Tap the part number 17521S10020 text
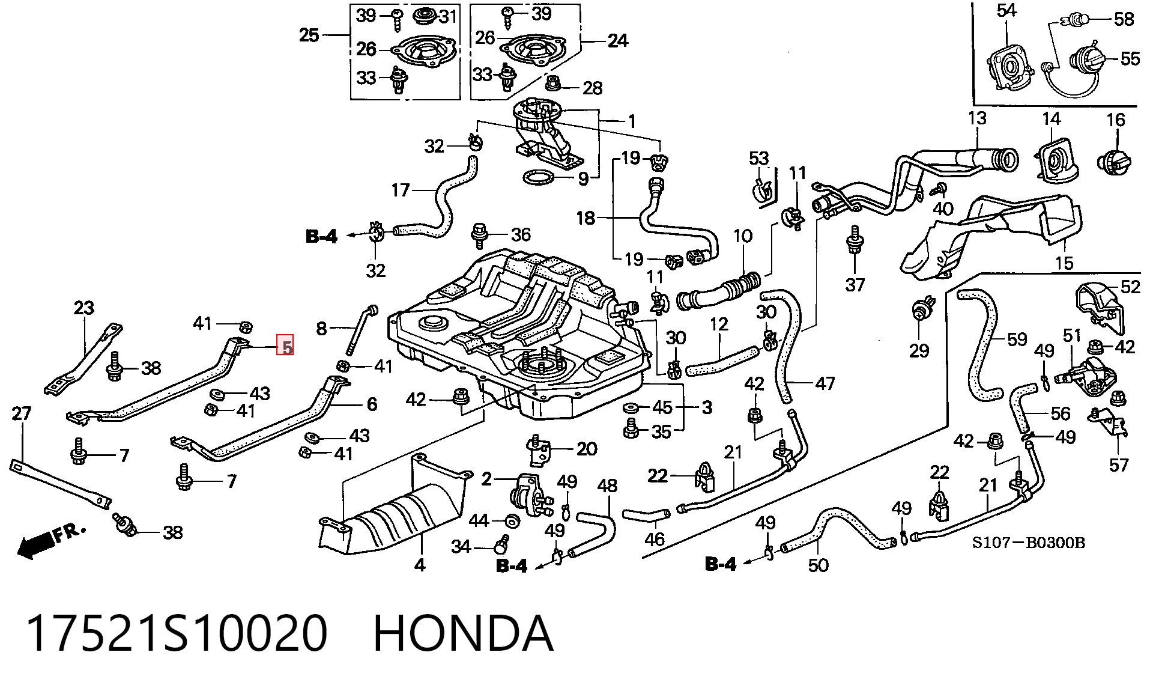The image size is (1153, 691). tap(177, 633)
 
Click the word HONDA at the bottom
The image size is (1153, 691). tap(462, 633)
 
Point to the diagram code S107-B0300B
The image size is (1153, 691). tap(1029, 543)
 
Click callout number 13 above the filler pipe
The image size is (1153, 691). tap(977, 118)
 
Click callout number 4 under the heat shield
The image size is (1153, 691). tap(420, 565)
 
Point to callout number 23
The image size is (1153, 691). tap(84, 308)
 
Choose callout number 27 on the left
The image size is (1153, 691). tap(22, 413)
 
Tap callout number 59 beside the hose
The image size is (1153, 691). tap(1017, 339)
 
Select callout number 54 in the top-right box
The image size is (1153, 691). tap(1006, 10)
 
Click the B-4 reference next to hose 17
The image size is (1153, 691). tap(321, 236)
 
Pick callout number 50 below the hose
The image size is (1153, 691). tap(818, 565)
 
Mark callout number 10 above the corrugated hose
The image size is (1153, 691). tap(743, 236)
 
